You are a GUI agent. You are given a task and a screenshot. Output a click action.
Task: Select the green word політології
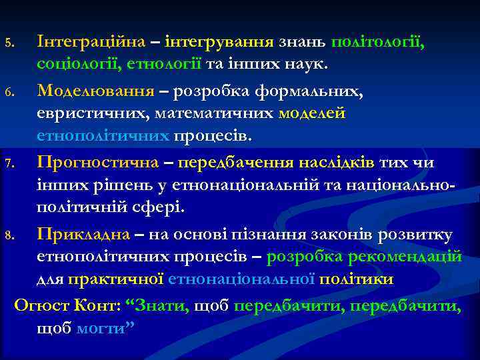click(x=377, y=41)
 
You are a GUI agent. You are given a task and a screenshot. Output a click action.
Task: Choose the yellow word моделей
click(x=312, y=113)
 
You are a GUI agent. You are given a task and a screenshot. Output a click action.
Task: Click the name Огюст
click(x=38, y=306)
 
